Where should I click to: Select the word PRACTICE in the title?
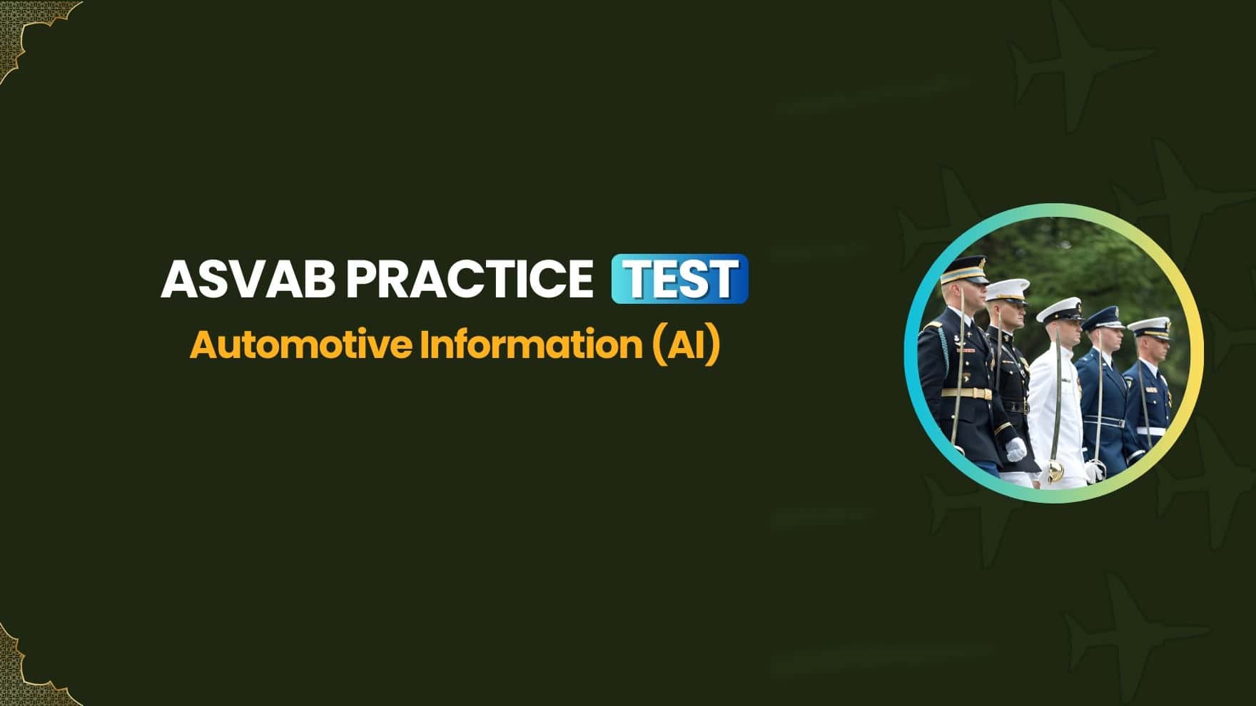[469, 279]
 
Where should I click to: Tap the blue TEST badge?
[679, 279]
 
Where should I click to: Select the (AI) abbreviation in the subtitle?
[685, 345]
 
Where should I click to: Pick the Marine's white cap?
[1006, 292]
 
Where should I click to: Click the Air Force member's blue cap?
[1102, 319]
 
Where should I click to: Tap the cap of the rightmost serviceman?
[1149, 326]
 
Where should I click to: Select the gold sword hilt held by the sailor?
[1053, 471]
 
